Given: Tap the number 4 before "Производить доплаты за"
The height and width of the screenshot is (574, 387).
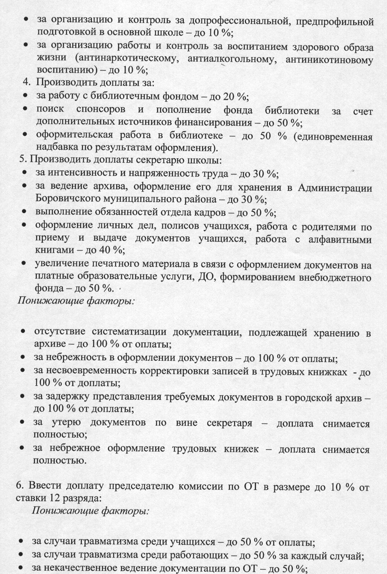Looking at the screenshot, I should tap(26, 82).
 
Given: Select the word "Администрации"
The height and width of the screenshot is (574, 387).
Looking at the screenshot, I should tap(335, 188).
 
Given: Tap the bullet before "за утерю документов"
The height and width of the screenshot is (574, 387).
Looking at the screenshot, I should tap(23, 423).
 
